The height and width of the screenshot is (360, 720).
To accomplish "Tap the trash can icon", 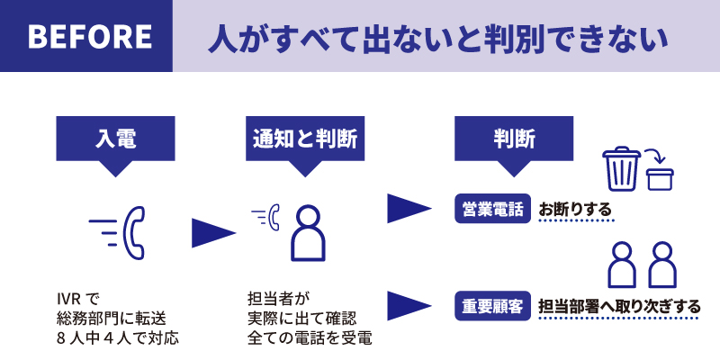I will coord(621,170).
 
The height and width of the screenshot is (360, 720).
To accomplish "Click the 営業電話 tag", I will coord(491,210).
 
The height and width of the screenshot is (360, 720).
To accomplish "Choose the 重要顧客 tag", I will coord(491,305).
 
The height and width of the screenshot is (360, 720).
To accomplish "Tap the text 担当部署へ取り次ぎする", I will coord(619,306).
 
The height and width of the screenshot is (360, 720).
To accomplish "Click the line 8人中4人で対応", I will coord(118,339).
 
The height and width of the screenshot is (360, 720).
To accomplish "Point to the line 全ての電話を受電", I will coord(309,339).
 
